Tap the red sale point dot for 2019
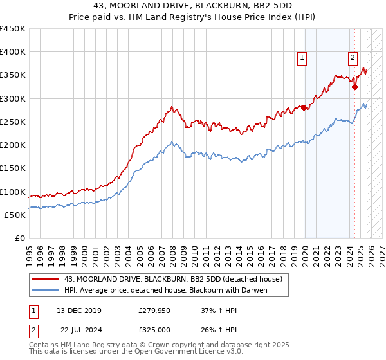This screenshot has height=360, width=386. [304, 108]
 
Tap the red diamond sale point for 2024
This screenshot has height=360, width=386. [354, 87]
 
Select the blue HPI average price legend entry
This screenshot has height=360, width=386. [165, 290]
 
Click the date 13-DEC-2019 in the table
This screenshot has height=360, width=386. [78, 310]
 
